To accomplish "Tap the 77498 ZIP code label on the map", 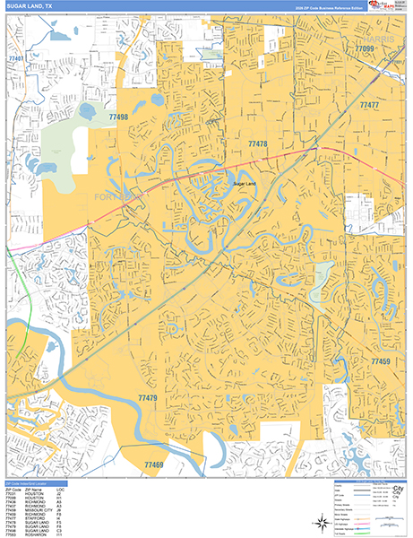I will pyautogui.click(x=116, y=117).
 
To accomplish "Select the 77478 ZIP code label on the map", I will pyautogui.click(x=258, y=143).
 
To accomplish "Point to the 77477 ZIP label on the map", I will pyautogui.click(x=369, y=106).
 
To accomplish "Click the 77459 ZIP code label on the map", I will pyautogui.click(x=380, y=361).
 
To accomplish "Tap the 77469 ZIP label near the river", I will pyautogui.click(x=152, y=464).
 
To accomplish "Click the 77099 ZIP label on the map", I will pyautogui.click(x=364, y=48).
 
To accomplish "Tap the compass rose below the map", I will pyautogui.click(x=323, y=521).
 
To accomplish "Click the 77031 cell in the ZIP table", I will pyautogui.click(x=11, y=491).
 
